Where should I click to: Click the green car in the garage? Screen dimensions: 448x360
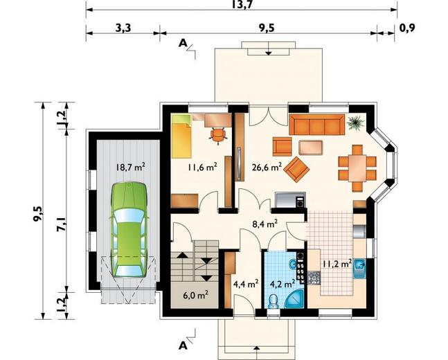click(129, 230)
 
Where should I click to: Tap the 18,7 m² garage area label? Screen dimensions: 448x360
click(130, 167)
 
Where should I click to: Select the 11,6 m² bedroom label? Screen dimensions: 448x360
click(202, 167)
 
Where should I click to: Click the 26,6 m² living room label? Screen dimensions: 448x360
click(267, 167)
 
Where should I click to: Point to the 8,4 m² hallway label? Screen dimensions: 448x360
click(265, 224)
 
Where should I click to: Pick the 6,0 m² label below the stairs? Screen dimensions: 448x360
click(195, 295)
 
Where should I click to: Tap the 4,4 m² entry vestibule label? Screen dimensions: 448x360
click(246, 284)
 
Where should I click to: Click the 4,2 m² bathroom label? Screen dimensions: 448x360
click(283, 284)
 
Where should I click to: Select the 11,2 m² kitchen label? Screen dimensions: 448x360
click(337, 264)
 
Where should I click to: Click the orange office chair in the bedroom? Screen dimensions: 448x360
click(219, 135)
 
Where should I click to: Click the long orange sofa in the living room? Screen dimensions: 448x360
click(317, 125)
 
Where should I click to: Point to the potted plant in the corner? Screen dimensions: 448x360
click(355, 123)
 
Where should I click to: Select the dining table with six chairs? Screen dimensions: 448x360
click(357, 168)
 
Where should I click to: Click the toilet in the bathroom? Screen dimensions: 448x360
click(274, 301)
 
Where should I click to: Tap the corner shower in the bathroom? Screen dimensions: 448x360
click(294, 298)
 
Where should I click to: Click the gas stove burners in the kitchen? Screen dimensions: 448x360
click(314, 278)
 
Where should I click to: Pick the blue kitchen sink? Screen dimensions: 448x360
click(359, 269)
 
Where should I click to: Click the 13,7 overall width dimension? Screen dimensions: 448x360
click(242, 5)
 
